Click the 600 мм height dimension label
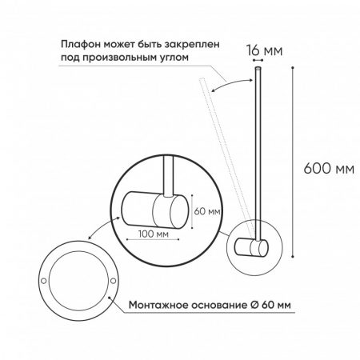[x=330, y=170]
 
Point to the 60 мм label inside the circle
[x=206, y=212]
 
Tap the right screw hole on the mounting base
[x=113, y=281]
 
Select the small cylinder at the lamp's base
[x=257, y=250]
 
